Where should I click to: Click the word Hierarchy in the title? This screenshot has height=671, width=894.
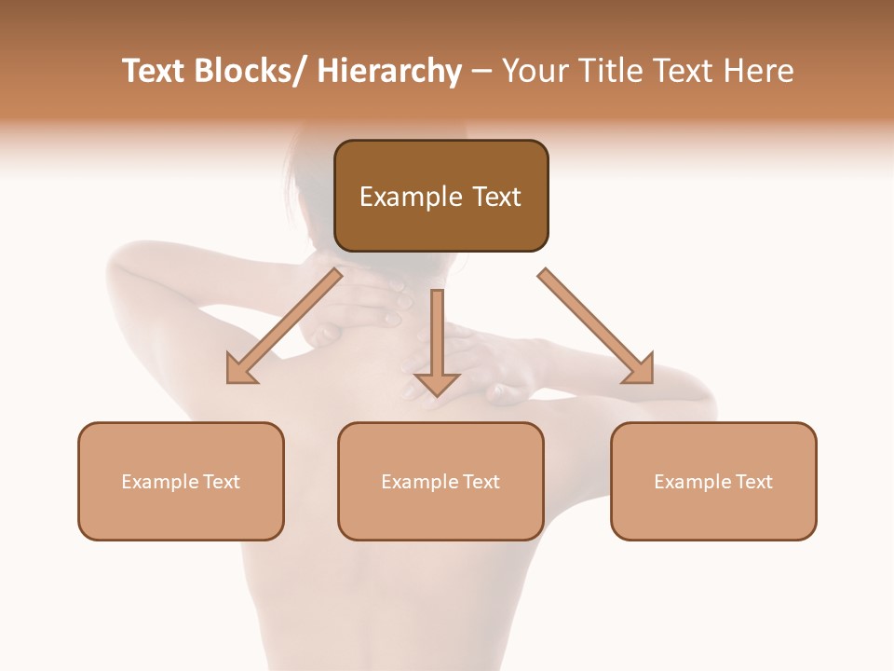[x=388, y=71]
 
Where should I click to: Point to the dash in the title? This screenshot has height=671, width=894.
[x=481, y=73]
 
